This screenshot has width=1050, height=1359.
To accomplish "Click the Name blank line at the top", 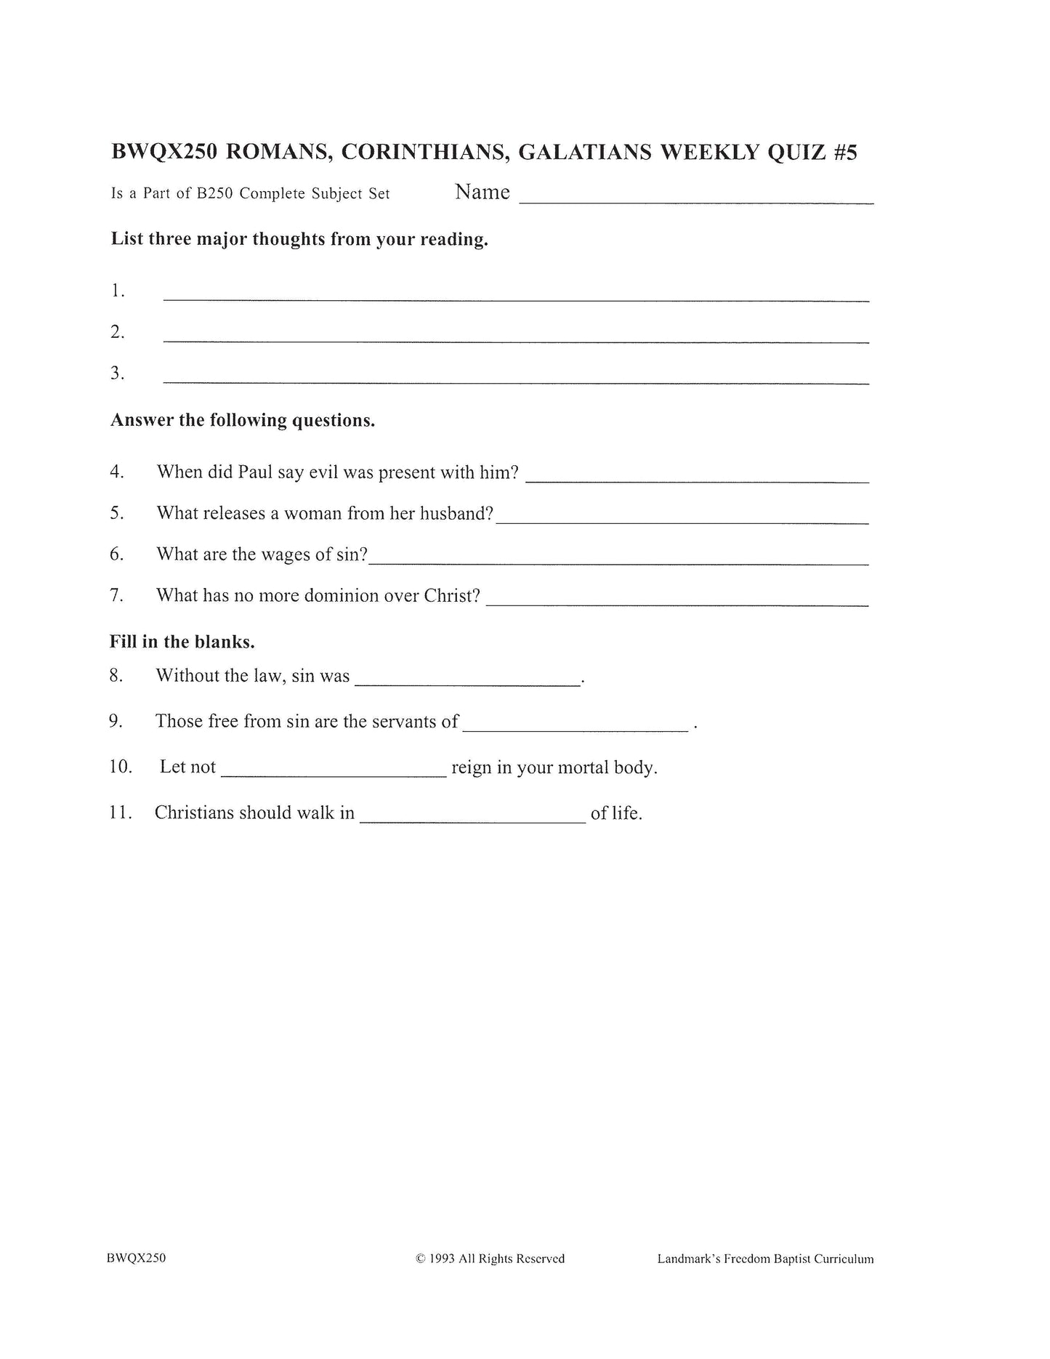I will [x=695, y=202].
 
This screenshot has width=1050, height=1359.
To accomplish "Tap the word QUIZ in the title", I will [x=789, y=153].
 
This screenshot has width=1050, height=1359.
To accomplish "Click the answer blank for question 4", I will [x=697, y=480].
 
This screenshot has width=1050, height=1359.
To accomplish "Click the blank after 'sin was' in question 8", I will [x=467, y=683].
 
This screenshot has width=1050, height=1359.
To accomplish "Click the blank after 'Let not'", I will [x=334, y=775].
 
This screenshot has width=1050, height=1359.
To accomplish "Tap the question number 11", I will [x=121, y=812].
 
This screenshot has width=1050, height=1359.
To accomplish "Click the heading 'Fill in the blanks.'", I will [x=182, y=642].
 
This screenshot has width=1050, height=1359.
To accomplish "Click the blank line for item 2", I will [x=516, y=340].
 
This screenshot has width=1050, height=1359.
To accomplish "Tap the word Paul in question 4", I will [x=255, y=472].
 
